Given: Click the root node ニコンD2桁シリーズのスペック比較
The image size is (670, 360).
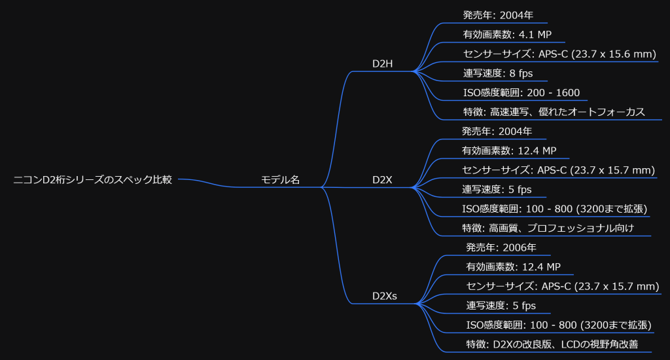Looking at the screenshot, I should click(93, 179).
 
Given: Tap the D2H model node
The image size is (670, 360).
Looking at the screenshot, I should click(382, 63).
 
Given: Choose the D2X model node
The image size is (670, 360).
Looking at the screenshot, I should click(382, 179).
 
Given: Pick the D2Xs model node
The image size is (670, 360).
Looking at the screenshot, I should click(385, 296).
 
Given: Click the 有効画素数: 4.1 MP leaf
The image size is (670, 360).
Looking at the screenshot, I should click(509, 34).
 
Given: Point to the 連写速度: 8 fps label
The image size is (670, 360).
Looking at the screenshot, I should click(497, 73).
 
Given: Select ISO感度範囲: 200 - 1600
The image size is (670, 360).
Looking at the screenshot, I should click(521, 93).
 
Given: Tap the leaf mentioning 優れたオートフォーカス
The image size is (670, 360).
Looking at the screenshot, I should click(554, 112).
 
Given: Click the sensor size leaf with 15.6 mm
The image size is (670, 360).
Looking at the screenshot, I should click(559, 54).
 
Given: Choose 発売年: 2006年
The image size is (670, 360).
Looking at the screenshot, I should click(501, 247).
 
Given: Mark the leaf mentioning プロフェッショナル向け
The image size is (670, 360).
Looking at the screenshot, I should click(557, 228).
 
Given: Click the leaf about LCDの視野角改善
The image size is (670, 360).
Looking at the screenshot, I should click(552, 344).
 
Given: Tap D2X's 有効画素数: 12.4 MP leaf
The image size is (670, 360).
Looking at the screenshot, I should click(509, 151).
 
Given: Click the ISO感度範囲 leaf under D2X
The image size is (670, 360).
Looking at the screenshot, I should click(555, 209).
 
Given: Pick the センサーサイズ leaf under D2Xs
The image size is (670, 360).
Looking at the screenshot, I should click(562, 286).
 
